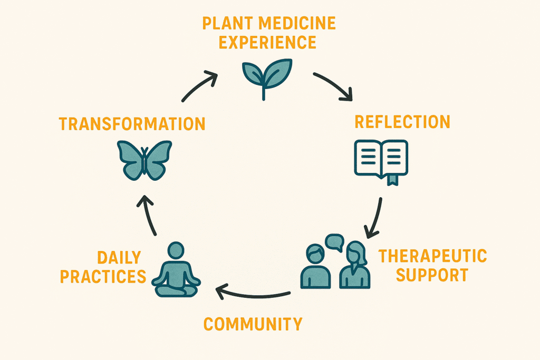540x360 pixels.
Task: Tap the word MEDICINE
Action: (x=297, y=23)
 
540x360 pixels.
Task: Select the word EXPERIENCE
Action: (x=267, y=42)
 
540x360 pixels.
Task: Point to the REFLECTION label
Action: (x=402, y=122)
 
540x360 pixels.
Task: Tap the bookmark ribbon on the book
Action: (x=392, y=180)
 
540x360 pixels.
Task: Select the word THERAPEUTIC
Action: (x=432, y=256)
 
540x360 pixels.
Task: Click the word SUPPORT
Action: (x=432, y=275)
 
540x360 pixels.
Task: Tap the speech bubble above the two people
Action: (x=335, y=242)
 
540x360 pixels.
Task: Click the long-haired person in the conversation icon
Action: (x=355, y=265)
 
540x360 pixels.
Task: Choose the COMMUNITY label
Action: (x=253, y=324)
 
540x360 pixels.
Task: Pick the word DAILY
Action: (x=119, y=257)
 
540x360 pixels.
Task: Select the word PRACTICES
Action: (x=103, y=276)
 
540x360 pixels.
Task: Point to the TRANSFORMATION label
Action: (x=132, y=124)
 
